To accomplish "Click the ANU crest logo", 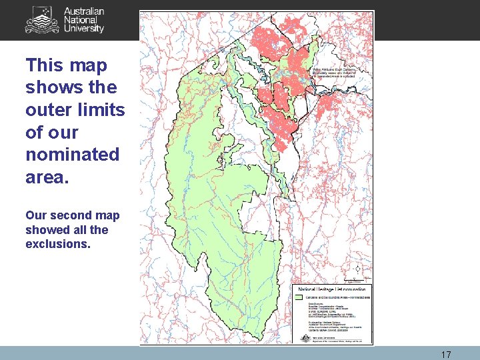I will click(x=41, y=20).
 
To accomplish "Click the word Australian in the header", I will click(x=84, y=12).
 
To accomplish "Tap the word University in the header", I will click(x=84, y=29).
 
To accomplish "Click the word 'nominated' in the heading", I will click(x=72, y=155).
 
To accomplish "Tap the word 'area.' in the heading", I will click(x=47, y=177).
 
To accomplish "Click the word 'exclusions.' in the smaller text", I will click(x=57, y=244).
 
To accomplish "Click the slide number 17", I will click(x=446, y=355).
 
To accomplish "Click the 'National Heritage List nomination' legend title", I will click(x=331, y=290).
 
